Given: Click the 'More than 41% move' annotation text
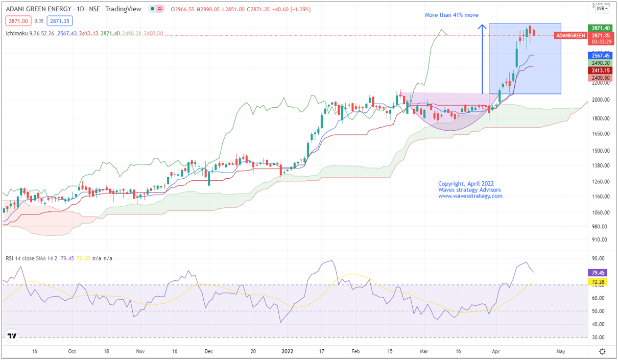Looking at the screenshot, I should coord(451,15).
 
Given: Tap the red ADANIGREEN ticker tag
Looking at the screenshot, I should coord(569,35).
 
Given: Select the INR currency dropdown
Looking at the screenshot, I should coord(602,8).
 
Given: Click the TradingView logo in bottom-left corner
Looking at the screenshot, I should coord(12,336).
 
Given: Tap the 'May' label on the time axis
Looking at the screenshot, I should coord(560,351).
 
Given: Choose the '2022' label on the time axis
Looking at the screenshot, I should coord(288,351).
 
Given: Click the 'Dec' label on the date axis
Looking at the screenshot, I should coord(208,351).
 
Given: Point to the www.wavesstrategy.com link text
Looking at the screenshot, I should coord(470,196).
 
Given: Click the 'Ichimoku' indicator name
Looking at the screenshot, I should coord(17,33).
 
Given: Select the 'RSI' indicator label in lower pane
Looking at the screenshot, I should coord(10,258).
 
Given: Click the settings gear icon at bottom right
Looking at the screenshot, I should coord(603,351).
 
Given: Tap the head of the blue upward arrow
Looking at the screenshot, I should coord(482,26).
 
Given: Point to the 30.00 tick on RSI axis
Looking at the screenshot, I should coord(598,337).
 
